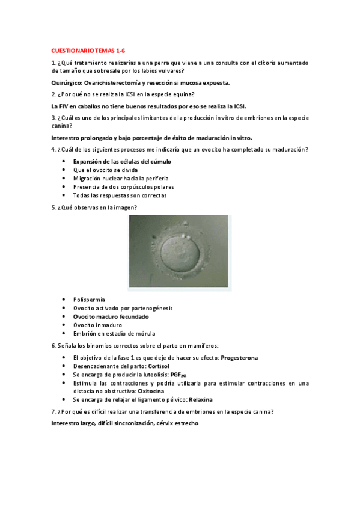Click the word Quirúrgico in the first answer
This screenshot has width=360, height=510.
click(x=67, y=82)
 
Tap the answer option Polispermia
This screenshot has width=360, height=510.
click(x=89, y=299)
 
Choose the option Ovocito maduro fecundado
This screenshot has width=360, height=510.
click(x=111, y=316)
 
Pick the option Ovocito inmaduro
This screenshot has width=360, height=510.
click(x=97, y=325)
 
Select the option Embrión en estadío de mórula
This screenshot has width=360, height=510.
click(x=114, y=333)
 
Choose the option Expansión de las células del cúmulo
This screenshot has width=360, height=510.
click(x=122, y=162)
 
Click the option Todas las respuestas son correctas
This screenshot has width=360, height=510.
click(x=120, y=195)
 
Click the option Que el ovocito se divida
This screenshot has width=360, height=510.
click(x=101, y=170)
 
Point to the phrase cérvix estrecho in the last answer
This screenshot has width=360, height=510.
click(x=178, y=423)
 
